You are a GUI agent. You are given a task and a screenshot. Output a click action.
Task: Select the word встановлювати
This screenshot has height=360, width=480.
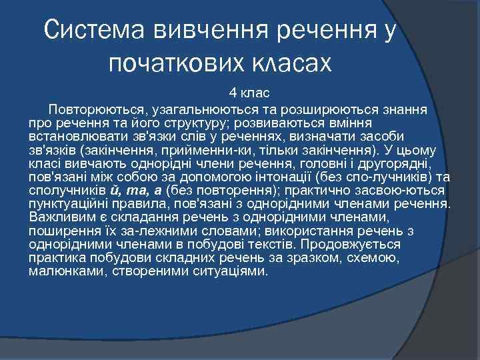(73, 139)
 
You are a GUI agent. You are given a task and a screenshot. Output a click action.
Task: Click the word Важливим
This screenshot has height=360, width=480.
(61, 217)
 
